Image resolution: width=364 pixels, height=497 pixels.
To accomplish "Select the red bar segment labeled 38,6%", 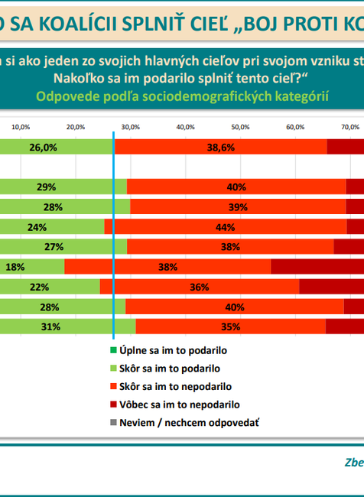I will pyautogui.click(x=220, y=148).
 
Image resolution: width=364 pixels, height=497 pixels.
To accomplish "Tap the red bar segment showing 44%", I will pyautogui.click(x=225, y=226).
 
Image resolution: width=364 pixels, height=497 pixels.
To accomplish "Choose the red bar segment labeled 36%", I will pyautogui.click(x=199, y=287).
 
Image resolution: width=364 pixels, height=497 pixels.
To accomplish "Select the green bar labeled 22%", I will pyautogui.click(x=50, y=287).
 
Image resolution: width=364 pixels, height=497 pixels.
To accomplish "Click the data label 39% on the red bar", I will pyautogui.click(x=236, y=207).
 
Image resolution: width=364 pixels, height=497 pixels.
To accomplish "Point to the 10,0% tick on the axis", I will pyautogui.click(x=21, y=126).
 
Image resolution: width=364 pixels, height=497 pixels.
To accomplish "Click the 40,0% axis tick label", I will pyautogui.click(x=186, y=126).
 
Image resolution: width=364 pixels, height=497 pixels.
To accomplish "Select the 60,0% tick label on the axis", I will pyautogui.click(x=296, y=126).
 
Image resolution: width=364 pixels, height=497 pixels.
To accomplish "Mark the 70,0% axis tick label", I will pyautogui.click(x=350, y=126).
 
